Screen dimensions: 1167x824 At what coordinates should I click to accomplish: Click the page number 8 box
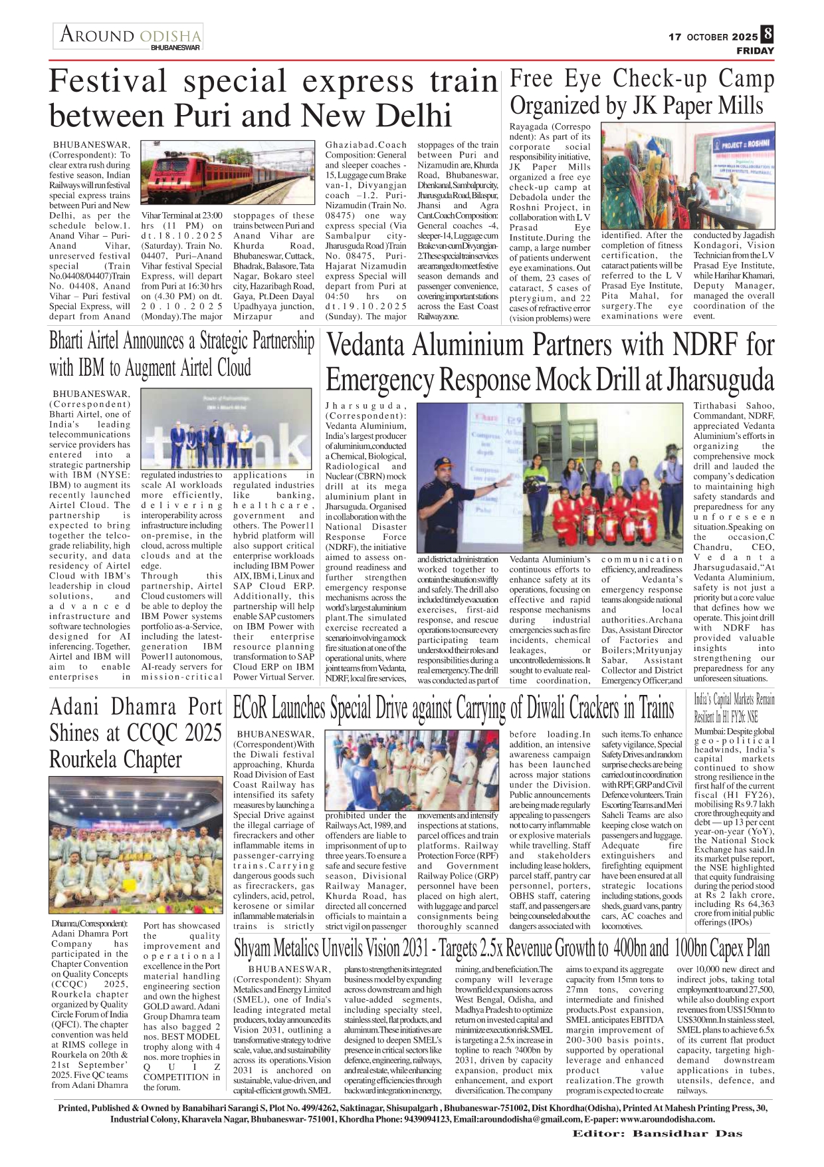tap(768, 34)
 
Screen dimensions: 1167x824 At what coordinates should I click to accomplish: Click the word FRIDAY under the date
tap(755, 51)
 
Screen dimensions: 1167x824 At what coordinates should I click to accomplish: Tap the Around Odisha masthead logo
tap(128, 36)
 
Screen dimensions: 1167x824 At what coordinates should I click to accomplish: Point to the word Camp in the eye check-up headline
tap(745, 79)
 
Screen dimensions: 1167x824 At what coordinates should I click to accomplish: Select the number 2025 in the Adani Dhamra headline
tap(194, 733)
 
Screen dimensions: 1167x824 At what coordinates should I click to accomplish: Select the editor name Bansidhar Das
tap(687, 1133)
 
